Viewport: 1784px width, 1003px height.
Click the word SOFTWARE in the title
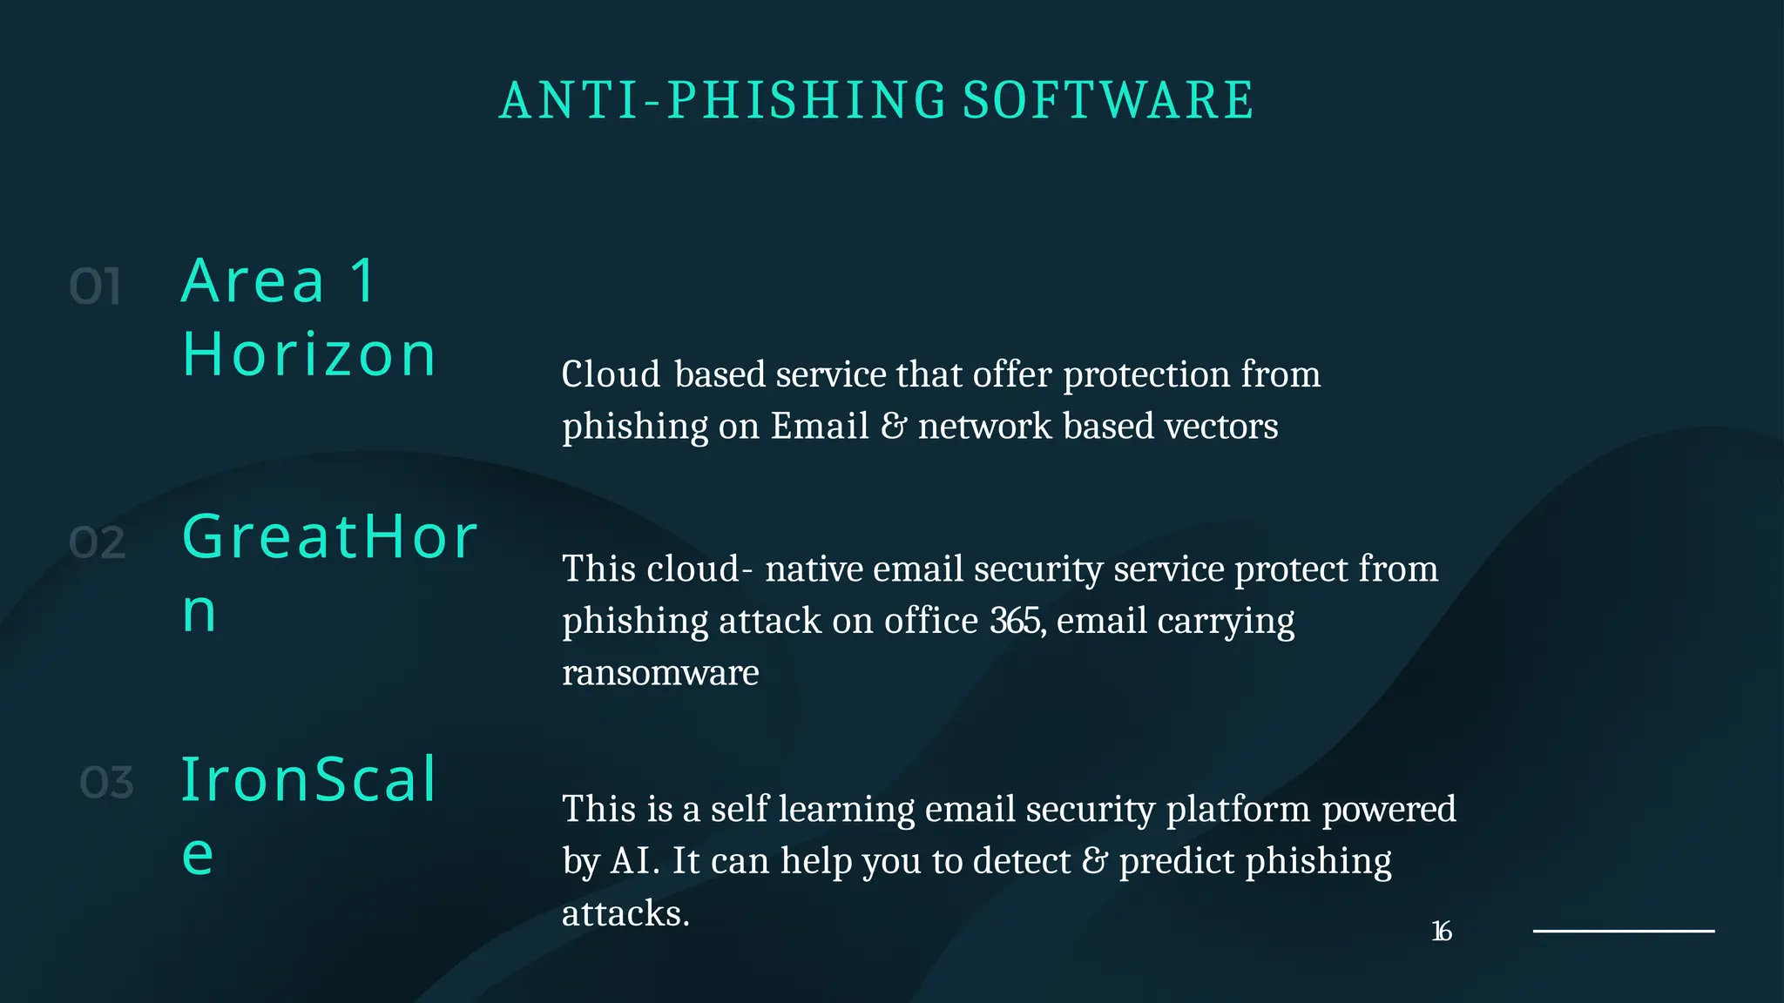point(1108,100)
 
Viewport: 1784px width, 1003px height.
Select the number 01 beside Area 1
point(95,287)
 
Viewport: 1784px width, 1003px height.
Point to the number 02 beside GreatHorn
point(98,543)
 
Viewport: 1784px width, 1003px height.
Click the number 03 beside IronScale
point(107,783)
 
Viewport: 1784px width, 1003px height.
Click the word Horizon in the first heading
point(309,355)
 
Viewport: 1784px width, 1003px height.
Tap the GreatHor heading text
point(330,536)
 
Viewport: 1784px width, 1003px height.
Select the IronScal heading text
point(308,779)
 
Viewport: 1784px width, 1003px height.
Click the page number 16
point(1442,932)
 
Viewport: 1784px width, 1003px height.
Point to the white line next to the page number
point(1624,931)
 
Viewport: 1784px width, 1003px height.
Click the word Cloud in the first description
point(612,374)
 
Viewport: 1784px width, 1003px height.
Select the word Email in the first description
point(820,427)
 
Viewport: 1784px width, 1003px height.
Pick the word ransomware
point(660,673)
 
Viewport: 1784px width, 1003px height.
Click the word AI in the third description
point(632,861)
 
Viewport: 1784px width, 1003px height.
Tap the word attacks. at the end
point(625,913)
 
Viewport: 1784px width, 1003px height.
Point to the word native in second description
point(814,569)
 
